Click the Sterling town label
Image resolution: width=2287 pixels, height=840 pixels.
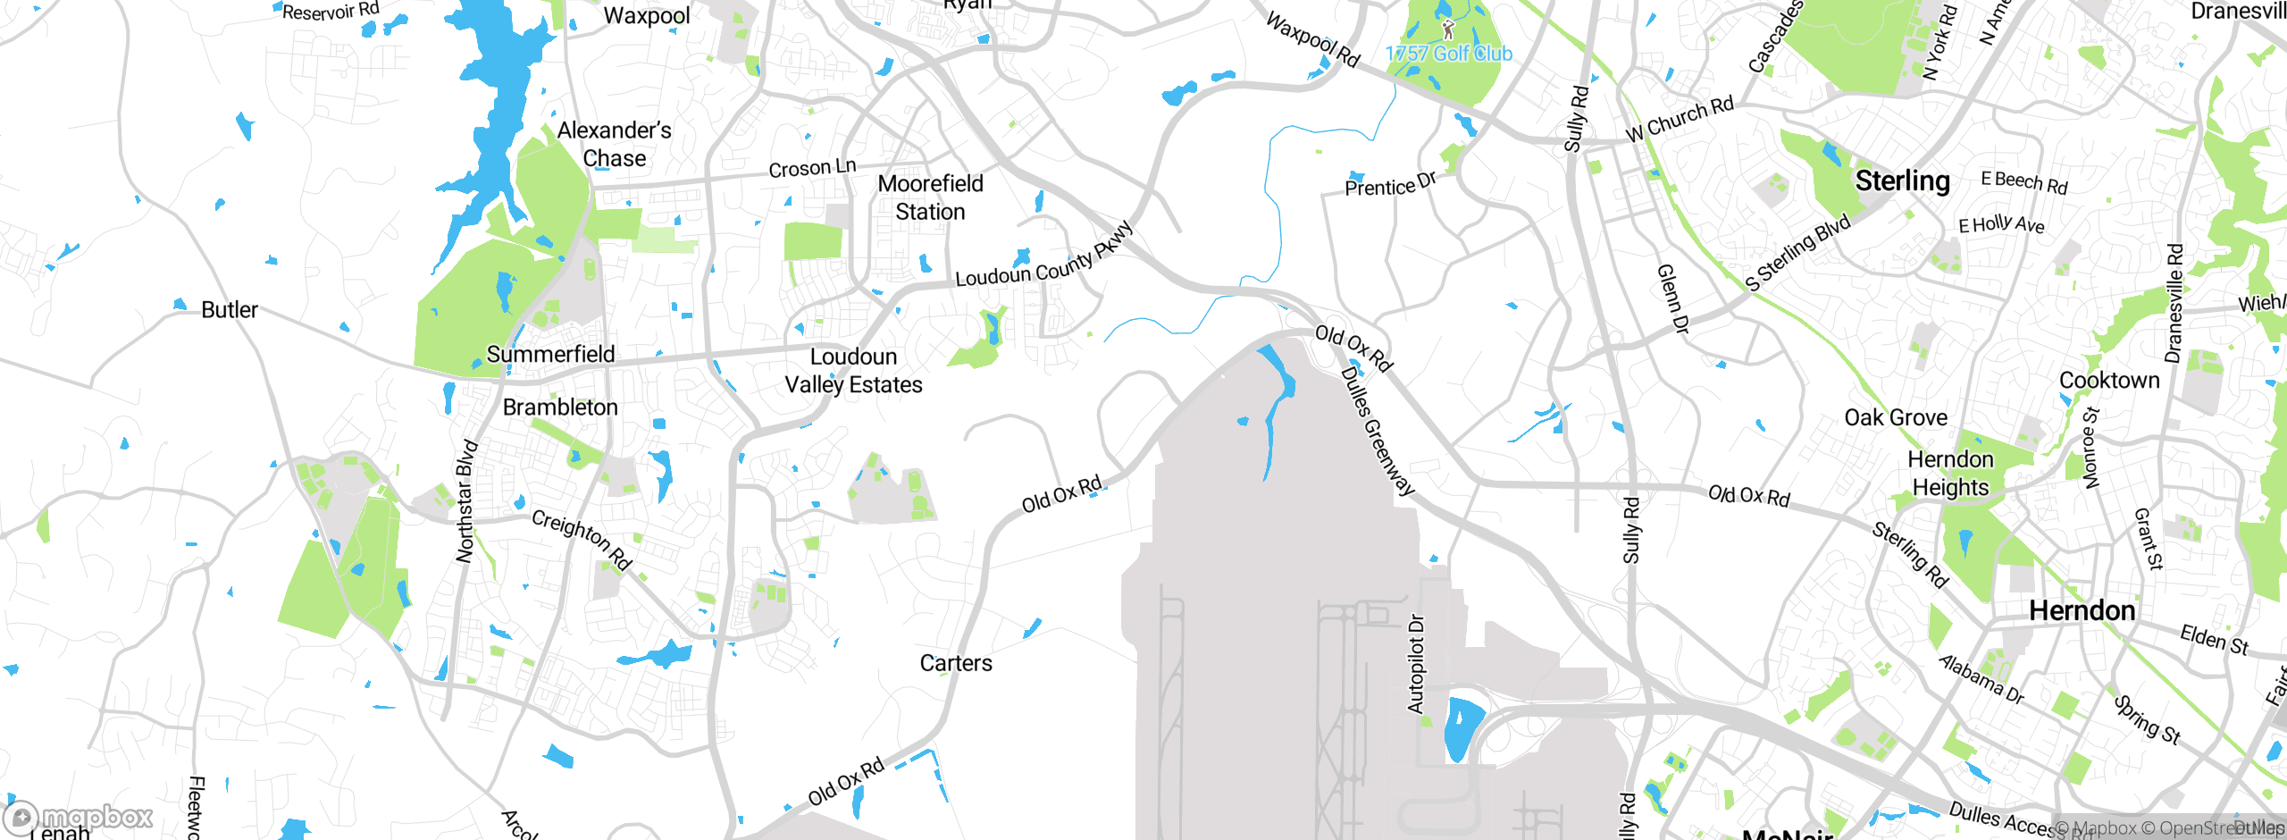1902,181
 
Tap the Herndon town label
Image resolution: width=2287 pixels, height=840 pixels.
2082,611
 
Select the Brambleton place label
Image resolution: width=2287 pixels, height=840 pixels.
560,407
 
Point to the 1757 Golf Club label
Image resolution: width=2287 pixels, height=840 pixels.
1449,54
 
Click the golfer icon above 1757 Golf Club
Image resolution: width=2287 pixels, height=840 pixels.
1448,30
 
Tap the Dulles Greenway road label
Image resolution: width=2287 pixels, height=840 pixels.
1378,432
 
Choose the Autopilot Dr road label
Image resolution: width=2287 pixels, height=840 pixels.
1416,663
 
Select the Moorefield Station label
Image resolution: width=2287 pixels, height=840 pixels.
930,197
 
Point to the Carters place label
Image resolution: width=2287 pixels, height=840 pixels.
956,663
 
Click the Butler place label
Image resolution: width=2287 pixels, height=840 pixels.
230,310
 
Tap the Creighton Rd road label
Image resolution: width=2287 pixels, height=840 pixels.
582,540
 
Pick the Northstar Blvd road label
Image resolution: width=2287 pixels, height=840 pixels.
466,501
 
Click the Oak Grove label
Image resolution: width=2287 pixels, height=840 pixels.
1896,417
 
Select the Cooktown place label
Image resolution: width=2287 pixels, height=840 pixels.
2109,381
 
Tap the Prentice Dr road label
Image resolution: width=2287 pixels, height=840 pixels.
1390,184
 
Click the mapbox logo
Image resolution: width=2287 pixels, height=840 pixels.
79,817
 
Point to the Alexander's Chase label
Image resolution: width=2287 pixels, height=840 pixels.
615,144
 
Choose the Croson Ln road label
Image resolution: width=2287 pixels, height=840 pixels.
812,168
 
